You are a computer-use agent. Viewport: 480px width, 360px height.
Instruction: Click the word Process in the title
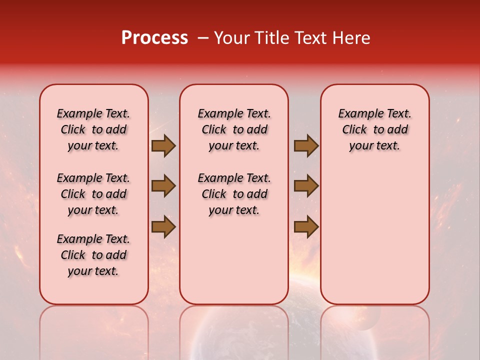click(x=154, y=38)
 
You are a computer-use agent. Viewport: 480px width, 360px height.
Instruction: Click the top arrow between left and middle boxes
click(x=163, y=146)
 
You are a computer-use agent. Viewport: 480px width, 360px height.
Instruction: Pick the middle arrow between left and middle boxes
click(x=163, y=186)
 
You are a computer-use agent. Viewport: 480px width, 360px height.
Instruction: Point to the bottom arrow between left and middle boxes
click(x=163, y=226)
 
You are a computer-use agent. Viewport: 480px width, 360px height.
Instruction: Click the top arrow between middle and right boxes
click(x=306, y=146)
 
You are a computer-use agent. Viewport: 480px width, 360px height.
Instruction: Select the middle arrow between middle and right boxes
click(x=306, y=186)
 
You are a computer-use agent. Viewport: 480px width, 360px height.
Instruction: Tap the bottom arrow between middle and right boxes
click(x=306, y=226)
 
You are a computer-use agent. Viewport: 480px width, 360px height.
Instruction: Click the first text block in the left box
click(x=93, y=129)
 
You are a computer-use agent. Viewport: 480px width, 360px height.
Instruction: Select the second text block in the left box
click(x=93, y=194)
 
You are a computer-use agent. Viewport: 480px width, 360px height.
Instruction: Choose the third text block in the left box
click(x=93, y=255)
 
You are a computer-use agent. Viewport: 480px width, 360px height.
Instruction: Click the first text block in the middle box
click(x=234, y=129)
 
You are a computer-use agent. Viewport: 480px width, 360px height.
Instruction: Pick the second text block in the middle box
click(x=234, y=194)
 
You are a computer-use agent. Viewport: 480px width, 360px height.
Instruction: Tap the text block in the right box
click(x=375, y=129)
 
